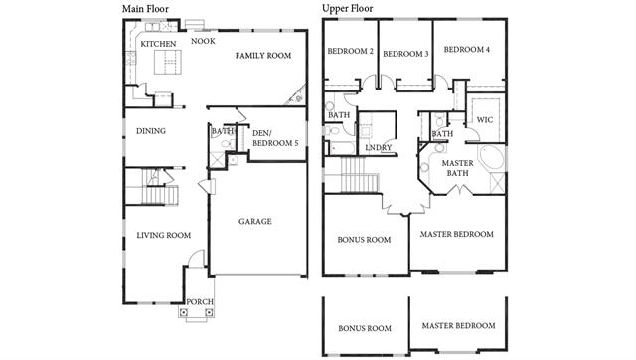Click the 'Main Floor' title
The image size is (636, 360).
coord(145,9)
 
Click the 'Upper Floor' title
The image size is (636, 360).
coord(347,9)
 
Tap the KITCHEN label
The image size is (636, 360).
coord(158,44)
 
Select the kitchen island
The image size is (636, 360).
coord(168,62)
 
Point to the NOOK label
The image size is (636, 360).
coord(203,41)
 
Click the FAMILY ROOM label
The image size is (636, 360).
coord(263,56)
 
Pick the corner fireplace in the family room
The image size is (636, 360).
coord(296,95)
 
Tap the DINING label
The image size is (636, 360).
coord(151,131)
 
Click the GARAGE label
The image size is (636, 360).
coord(255,221)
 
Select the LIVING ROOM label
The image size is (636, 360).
coord(163,235)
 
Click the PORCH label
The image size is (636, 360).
coord(200,302)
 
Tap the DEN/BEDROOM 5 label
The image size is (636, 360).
coord(275,138)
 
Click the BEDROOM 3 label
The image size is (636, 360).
coord(405,54)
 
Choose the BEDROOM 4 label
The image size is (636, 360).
coord(467,50)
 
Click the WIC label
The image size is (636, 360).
coord(485,120)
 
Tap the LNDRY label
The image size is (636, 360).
coord(379,148)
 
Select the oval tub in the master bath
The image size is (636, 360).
coord(491,159)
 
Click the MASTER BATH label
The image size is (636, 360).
coord(458,168)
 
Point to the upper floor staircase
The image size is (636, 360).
coord(354,174)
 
